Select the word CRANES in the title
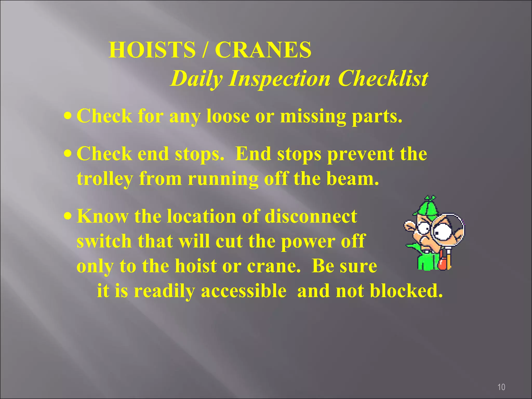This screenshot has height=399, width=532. click(x=263, y=50)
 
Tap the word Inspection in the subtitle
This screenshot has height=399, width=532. click(x=279, y=79)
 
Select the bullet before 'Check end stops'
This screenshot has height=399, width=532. click(x=68, y=153)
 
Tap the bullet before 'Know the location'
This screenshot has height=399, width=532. click(x=68, y=216)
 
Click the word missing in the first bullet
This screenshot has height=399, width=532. click(x=313, y=116)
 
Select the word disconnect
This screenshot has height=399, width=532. click(x=311, y=216)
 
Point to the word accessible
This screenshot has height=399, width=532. click(x=243, y=291)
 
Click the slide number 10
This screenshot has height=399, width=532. click(x=501, y=387)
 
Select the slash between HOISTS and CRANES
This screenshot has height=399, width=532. click(x=205, y=50)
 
